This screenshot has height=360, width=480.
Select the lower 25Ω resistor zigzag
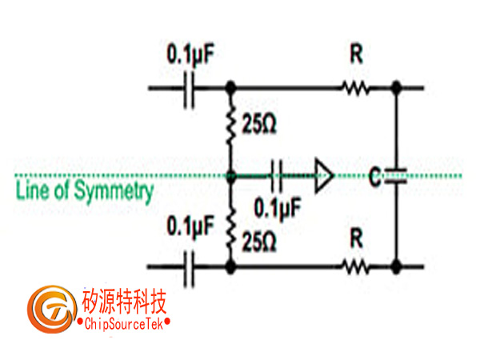pos(231,230)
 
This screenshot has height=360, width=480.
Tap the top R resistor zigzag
pos(355,88)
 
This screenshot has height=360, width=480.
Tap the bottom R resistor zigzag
pos(355,266)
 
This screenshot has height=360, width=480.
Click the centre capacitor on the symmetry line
pos(277,176)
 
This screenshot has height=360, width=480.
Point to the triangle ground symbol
pos(324,176)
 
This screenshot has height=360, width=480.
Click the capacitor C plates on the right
pos(395,176)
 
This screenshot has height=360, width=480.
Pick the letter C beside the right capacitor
pos(375,176)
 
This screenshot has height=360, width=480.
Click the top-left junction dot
pos(231,88)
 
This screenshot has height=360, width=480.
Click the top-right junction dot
pos(396,88)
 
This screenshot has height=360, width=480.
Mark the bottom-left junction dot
pos(231,266)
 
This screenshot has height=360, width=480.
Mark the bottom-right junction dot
pos(396,266)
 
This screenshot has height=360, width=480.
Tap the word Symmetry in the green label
pos(114,192)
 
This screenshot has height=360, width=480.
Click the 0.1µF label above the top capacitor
pos(190,54)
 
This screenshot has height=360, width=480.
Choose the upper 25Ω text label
pos(259,125)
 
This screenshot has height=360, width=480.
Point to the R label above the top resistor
pos(356,54)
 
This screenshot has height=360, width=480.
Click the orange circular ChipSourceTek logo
pos(52,309)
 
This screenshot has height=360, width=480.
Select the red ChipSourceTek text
pos(124,323)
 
